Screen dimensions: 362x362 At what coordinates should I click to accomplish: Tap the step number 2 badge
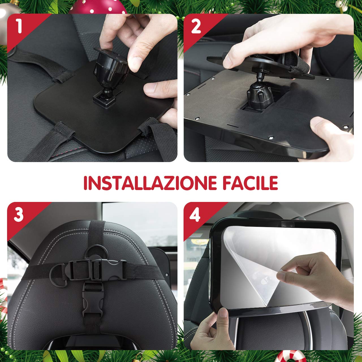click(x=196, y=27)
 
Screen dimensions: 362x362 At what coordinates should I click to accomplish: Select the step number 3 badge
click(x=19, y=215)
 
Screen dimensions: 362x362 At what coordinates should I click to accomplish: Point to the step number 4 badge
click(x=195, y=215)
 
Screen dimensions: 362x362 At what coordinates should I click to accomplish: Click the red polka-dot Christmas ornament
click(x=98, y=7)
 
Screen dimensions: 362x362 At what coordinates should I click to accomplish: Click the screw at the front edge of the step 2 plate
click(x=271, y=138)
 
